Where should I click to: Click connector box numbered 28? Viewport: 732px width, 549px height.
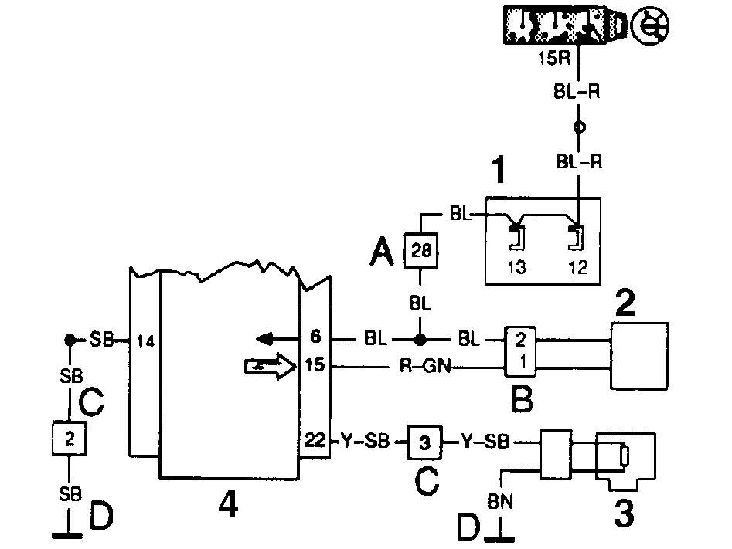coord(420,250)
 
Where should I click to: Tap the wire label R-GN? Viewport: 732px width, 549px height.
coord(425,366)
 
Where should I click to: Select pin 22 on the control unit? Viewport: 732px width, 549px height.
coord(315,440)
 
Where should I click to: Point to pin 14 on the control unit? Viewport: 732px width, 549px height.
coord(145,341)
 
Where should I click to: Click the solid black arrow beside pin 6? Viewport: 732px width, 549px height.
coord(277,339)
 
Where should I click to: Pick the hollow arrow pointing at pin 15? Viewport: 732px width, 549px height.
coord(271,366)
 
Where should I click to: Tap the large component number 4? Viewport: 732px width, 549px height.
coord(228,505)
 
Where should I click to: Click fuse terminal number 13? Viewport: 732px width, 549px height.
coord(516,267)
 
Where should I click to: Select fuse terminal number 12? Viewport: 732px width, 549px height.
coord(577,267)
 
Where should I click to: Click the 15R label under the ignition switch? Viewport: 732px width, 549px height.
coord(554,59)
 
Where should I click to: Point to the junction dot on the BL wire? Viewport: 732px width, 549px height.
coord(420,340)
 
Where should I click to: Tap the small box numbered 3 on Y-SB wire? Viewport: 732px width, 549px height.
coord(424,442)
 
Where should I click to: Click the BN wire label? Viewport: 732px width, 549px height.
coord(500,501)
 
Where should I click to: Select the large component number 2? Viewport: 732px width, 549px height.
coord(625,302)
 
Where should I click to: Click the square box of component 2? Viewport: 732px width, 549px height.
coord(639,356)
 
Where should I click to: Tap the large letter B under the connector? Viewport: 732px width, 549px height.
coord(522,398)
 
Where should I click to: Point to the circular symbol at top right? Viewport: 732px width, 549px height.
coord(650,25)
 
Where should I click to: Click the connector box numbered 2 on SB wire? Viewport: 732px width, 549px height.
coord(69,439)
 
